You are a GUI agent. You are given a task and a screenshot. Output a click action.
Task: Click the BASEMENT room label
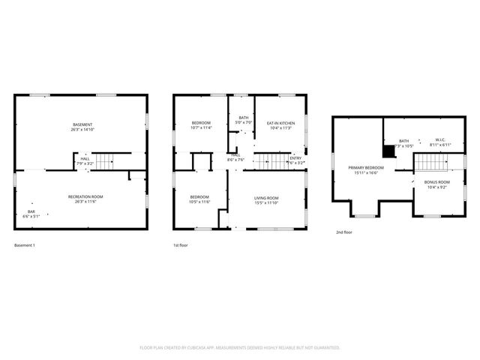tap(82, 124)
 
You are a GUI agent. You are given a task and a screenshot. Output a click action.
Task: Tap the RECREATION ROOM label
tap(85, 196)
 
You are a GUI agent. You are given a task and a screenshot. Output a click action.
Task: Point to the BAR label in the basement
tap(31, 211)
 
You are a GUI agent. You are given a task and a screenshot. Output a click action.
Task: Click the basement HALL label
tap(85, 158)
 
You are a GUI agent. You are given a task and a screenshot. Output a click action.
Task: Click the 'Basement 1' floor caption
tap(25, 245)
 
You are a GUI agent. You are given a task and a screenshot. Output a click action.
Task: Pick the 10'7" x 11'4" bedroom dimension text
tap(201, 128)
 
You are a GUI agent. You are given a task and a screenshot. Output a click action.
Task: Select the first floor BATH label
tap(244, 118)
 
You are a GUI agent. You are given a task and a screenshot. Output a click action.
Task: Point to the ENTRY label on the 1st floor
tap(296, 157)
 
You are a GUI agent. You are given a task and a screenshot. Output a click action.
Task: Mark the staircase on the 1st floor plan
tap(271, 160)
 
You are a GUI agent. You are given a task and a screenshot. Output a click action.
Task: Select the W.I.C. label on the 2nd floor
tap(441, 140)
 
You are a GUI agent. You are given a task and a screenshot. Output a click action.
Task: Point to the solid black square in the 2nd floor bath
tap(388, 151)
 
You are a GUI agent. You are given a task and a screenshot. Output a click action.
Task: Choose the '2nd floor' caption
tap(343, 232)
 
